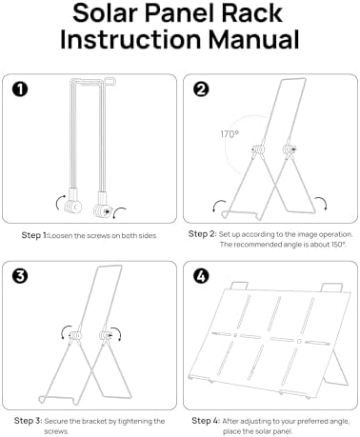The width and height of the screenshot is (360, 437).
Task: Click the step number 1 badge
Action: [20, 89]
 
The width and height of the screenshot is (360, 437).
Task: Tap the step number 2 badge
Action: [201, 89]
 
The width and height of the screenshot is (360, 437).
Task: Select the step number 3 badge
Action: [20, 276]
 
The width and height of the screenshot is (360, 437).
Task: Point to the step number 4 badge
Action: [201, 276]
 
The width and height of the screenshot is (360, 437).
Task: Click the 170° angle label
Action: [230, 134]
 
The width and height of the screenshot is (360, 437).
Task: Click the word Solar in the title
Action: [105, 13]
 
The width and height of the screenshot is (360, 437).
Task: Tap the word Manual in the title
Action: [253, 39]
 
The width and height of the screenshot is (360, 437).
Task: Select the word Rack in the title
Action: [251, 13]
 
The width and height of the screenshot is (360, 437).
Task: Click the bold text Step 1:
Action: [34, 235]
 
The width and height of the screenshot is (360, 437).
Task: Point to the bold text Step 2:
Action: [203, 234]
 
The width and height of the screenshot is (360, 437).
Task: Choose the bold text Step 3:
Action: [28, 421]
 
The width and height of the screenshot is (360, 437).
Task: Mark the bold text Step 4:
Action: [206, 421]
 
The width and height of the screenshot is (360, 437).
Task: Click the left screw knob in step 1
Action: [73, 207]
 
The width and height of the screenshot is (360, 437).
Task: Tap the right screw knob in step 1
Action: [103, 210]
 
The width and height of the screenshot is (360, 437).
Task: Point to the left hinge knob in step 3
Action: [75, 335]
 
